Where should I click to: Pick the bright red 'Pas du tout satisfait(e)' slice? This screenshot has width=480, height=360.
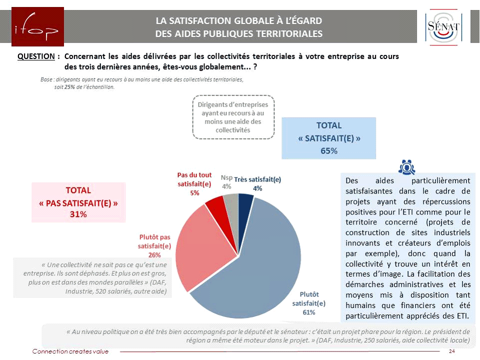(215, 203)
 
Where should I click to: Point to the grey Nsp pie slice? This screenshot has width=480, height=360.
(230, 201)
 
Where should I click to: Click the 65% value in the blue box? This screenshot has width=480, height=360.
(328, 150)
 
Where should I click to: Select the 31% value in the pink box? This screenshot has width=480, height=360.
(78, 214)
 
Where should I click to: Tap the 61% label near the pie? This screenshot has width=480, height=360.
(308, 312)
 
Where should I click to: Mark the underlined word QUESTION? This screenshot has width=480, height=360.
(36, 56)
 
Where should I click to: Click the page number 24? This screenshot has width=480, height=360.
(452, 351)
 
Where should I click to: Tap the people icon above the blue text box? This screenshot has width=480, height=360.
(407, 167)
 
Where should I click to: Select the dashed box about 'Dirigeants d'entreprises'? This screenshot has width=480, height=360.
(233, 117)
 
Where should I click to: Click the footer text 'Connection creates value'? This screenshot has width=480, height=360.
(70, 351)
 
